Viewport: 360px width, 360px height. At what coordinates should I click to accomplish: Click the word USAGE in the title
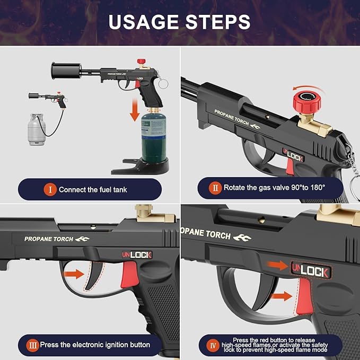click(x=143, y=22)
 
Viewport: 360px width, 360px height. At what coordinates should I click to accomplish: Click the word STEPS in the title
click(x=218, y=22)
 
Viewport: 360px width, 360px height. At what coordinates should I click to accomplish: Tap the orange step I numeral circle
click(x=50, y=190)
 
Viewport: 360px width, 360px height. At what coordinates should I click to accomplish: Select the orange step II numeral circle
click(x=215, y=188)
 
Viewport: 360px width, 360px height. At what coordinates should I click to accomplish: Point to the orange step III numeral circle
click(x=32, y=345)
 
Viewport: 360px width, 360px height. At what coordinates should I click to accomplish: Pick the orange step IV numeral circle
click(x=213, y=345)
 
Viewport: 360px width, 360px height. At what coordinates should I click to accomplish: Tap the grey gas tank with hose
click(x=36, y=129)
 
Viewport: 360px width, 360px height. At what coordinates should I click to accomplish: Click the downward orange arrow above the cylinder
click(x=135, y=110)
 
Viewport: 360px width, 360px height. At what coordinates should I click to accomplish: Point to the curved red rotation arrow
click(x=309, y=88)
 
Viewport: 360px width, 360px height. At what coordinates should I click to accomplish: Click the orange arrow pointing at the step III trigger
click(x=74, y=274)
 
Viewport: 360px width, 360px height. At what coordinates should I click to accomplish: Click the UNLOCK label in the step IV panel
click(x=310, y=270)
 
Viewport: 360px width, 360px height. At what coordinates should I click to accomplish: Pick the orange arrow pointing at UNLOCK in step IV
click(x=277, y=266)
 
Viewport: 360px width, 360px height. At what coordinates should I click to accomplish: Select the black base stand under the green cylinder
click(x=141, y=166)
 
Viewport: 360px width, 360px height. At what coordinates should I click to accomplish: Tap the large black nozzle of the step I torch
click(x=66, y=71)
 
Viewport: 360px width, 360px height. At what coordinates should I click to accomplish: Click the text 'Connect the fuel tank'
click(x=93, y=190)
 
